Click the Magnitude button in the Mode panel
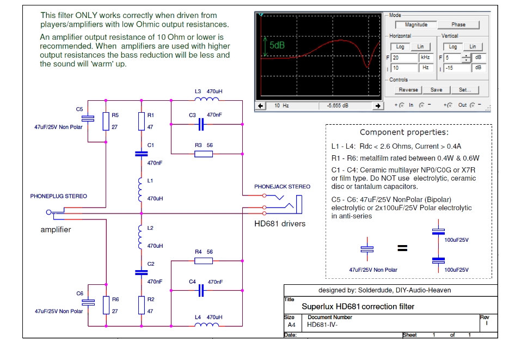416,25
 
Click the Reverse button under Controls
408,90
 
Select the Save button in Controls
436,90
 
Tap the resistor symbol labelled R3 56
204,154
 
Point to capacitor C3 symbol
201,125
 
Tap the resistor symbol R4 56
204,261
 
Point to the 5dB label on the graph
277,46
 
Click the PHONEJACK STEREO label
282,187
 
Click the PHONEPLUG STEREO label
58,196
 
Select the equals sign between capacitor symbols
402,248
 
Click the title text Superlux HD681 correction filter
358,307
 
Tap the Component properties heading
404,132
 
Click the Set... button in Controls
464,90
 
